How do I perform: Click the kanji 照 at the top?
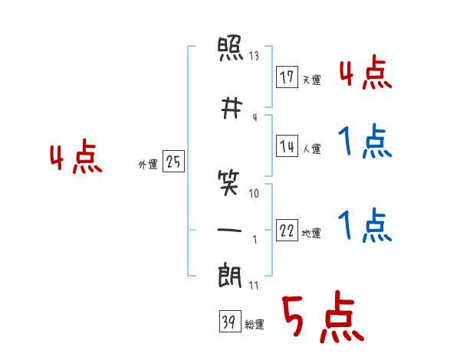click(x=230, y=48)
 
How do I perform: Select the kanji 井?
click(x=232, y=108)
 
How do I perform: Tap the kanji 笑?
click(x=228, y=183)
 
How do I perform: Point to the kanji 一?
click(x=229, y=230)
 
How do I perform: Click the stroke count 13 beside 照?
click(x=254, y=55)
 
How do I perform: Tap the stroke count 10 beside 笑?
click(x=254, y=193)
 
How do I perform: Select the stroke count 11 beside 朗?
click(x=254, y=285)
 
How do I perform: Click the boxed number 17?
click(x=287, y=77)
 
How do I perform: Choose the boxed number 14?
click(x=287, y=146)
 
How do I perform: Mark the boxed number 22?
click(x=287, y=230)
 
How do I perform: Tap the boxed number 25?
click(x=173, y=161)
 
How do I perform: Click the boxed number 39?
click(x=230, y=321)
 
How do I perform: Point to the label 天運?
click(x=311, y=80)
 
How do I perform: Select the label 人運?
click(x=311, y=149)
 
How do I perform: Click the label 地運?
click(x=311, y=234)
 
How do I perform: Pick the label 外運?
click(x=148, y=165)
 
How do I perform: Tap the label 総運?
click(x=255, y=325)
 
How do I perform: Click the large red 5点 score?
click(x=323, y=316)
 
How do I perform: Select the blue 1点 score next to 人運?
click(x=365, y=141)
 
